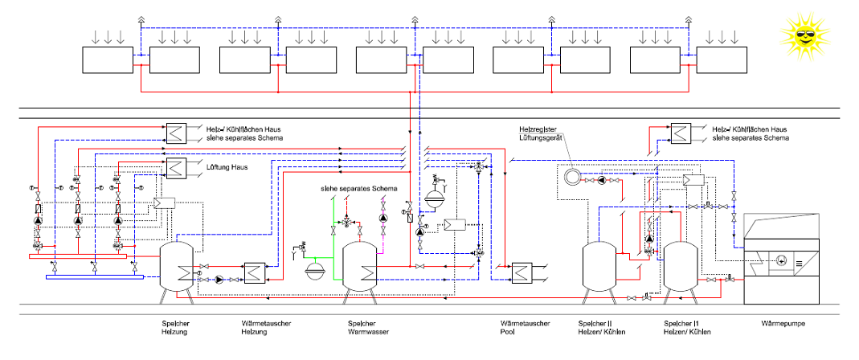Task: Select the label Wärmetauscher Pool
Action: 525,328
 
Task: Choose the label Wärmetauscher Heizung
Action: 266,328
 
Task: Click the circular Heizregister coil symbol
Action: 572,177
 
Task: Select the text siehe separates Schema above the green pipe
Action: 358,188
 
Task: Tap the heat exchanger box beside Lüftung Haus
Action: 175,167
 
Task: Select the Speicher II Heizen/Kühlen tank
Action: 599,268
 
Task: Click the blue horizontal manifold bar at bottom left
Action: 94,278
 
